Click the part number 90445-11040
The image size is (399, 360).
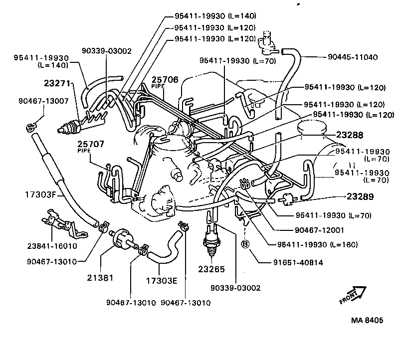[354, 57]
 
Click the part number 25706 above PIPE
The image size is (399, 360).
[165, 80]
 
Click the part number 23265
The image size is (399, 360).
[212, 269]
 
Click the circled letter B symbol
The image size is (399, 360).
[245, 244]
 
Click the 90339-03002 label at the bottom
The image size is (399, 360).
[235, 288]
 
